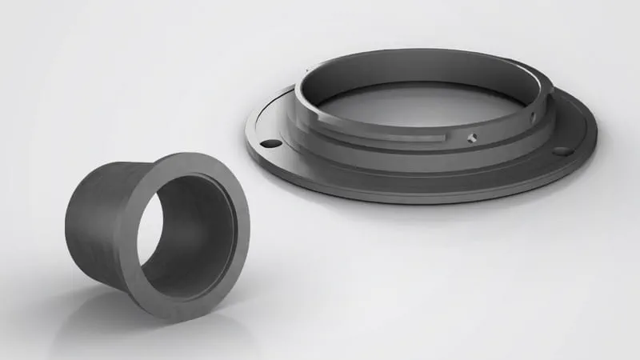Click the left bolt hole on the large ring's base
(271, 143)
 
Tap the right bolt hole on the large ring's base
(562, 150)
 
